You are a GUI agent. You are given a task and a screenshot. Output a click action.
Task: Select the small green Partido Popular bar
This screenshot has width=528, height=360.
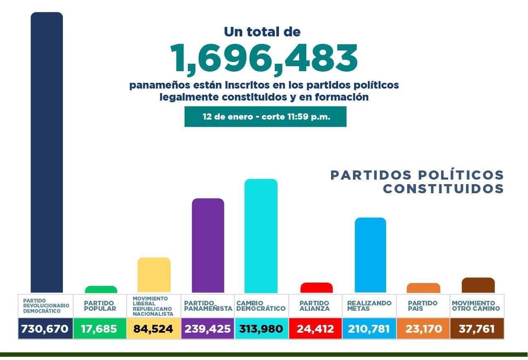click(101, 289)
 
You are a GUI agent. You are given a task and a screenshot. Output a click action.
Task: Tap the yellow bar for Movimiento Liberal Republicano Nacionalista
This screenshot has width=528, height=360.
click(154, 275)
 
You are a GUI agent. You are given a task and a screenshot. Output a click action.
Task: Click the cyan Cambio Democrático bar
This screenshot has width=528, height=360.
click(261, 236)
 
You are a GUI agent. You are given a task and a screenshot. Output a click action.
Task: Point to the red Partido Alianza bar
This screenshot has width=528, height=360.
click(317, 288)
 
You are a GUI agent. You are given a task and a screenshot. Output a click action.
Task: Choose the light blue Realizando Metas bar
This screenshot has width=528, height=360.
click(370, 255)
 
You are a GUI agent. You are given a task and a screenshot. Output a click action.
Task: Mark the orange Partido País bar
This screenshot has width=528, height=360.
click(423, 288)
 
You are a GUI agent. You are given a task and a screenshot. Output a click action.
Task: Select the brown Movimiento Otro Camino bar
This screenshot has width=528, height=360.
click(478, 285)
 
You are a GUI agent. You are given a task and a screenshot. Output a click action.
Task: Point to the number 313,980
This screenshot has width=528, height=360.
click(261, 329)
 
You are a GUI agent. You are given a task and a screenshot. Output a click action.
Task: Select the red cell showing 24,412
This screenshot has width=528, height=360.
click(315, 329)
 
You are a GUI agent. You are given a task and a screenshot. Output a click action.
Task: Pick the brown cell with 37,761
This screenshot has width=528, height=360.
click(477, 329)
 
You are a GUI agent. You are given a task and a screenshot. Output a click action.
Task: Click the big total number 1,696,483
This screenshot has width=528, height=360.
click(264, 58)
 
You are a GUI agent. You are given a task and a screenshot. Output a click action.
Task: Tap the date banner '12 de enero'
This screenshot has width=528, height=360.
click(265, 117)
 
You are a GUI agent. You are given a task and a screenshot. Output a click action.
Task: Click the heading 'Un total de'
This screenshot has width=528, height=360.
click(262, 31)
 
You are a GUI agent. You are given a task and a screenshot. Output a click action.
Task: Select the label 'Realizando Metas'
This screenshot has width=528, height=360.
click(369, 306)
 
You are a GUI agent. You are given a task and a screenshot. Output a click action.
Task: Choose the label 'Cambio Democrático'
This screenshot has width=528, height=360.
click(261, 306)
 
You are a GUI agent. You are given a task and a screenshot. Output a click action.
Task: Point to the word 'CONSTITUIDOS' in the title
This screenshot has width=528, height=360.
click(443, 189)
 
